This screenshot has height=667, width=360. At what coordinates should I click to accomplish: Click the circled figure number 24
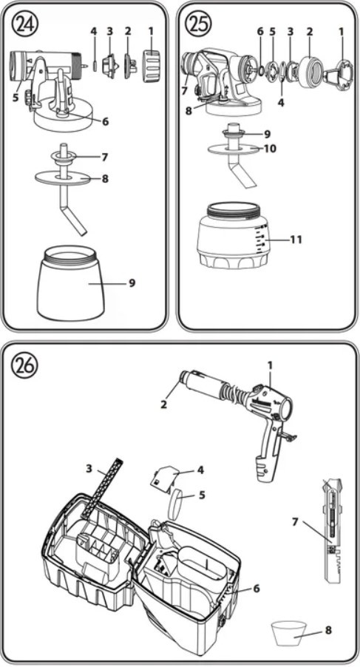pos(25,24)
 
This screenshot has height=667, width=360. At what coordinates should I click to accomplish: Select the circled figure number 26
pos(25,364)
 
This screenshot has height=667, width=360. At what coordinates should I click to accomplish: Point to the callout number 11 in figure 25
pos(296,240)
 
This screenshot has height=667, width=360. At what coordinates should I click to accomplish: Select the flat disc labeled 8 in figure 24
pos(62,177)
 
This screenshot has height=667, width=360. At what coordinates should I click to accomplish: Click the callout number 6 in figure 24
pos(105,122)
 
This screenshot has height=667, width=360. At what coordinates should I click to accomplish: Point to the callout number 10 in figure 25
pos(270,149)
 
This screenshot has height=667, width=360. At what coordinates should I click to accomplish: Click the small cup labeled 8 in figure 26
pos(288,632)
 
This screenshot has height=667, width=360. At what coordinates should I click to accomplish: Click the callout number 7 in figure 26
pos(296,521)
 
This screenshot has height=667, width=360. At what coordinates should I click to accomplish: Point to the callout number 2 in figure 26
pos(163,404)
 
